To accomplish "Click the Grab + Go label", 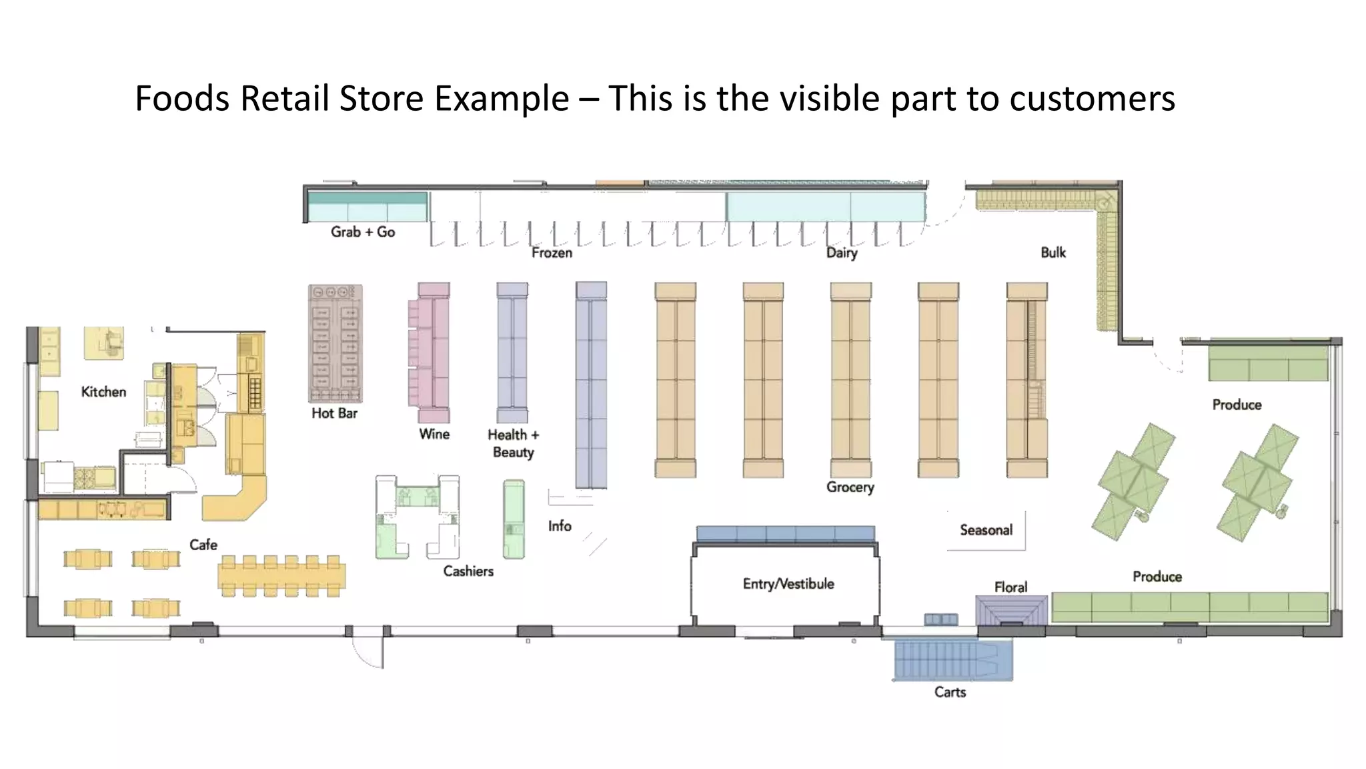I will pos(363,232).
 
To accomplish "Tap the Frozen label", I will pos(552,252).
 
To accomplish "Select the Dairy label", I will pos(842,252).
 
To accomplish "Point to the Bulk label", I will pos(1053,252).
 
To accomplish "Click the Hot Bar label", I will pos(334,413).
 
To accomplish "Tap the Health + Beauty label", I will pos(513,443).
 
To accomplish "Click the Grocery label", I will pos(850,487).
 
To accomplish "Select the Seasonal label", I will pos(986,530).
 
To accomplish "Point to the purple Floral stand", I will pos(1011,610).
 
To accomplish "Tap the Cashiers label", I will pos(468,571).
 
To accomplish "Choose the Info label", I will pos(560,526).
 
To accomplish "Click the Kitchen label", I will pos(103,392).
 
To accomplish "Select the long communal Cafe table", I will pos(282,575).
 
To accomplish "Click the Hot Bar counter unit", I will pos(335,344).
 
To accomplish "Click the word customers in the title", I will pos(1092,98).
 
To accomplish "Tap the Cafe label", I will pos(203,545).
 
